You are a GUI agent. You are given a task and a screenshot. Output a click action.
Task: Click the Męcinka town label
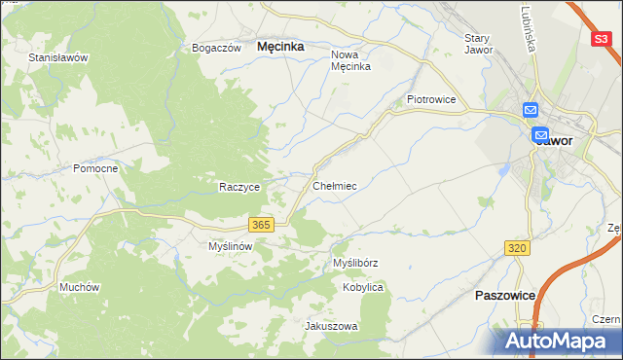point(280,46)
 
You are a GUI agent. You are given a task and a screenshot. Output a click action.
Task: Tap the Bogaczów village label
point(216,48)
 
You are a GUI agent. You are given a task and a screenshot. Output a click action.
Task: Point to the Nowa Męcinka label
point(350,60)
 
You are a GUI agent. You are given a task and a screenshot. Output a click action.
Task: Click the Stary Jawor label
point(478,44)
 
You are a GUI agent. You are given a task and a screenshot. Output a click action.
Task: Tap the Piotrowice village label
point(432,99)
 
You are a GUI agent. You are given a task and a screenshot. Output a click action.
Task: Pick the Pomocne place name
point(95,168)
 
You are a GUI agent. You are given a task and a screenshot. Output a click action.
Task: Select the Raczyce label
point(238,187)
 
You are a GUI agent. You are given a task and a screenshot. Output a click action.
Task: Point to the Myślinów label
point(231,247)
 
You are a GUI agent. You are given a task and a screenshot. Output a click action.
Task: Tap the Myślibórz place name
point(355,263)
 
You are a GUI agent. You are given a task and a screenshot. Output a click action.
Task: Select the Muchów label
point(80,287)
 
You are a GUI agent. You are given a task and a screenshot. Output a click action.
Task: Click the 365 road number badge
point(260,225)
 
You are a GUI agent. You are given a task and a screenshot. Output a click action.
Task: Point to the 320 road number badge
point(518,249)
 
